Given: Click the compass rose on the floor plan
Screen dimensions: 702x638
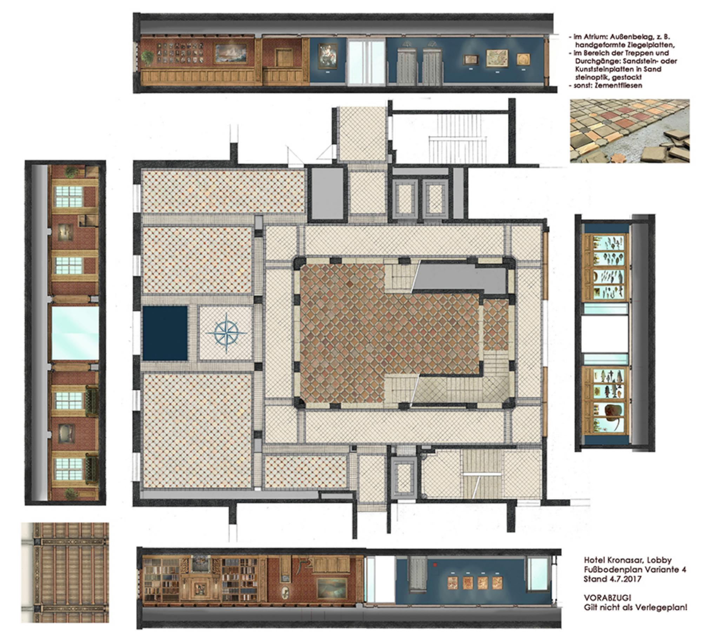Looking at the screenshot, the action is pyautogui.click(x=226, y=333).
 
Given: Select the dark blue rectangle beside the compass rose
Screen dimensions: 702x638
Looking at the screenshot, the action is pyautogui.click(x=165, y=333).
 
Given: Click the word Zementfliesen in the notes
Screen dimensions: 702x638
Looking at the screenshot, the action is pyautogui.click(x=619, y=85).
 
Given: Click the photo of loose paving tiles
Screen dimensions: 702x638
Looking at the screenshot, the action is pyautogui.click(x=630, y=131).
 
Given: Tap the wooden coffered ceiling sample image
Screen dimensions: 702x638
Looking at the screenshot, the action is pyautogui.click(x=65, y=573).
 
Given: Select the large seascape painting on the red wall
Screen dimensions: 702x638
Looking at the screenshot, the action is pyautogui.click(x=233, y=54).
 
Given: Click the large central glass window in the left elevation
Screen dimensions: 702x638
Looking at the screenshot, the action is pyautogui.click(x=75, y=333).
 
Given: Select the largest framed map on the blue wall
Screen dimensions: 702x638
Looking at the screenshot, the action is pyautogui.click(x=497, y=58).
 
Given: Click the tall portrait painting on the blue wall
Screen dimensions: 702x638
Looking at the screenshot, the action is pyautogui.click(x=327, y=56).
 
